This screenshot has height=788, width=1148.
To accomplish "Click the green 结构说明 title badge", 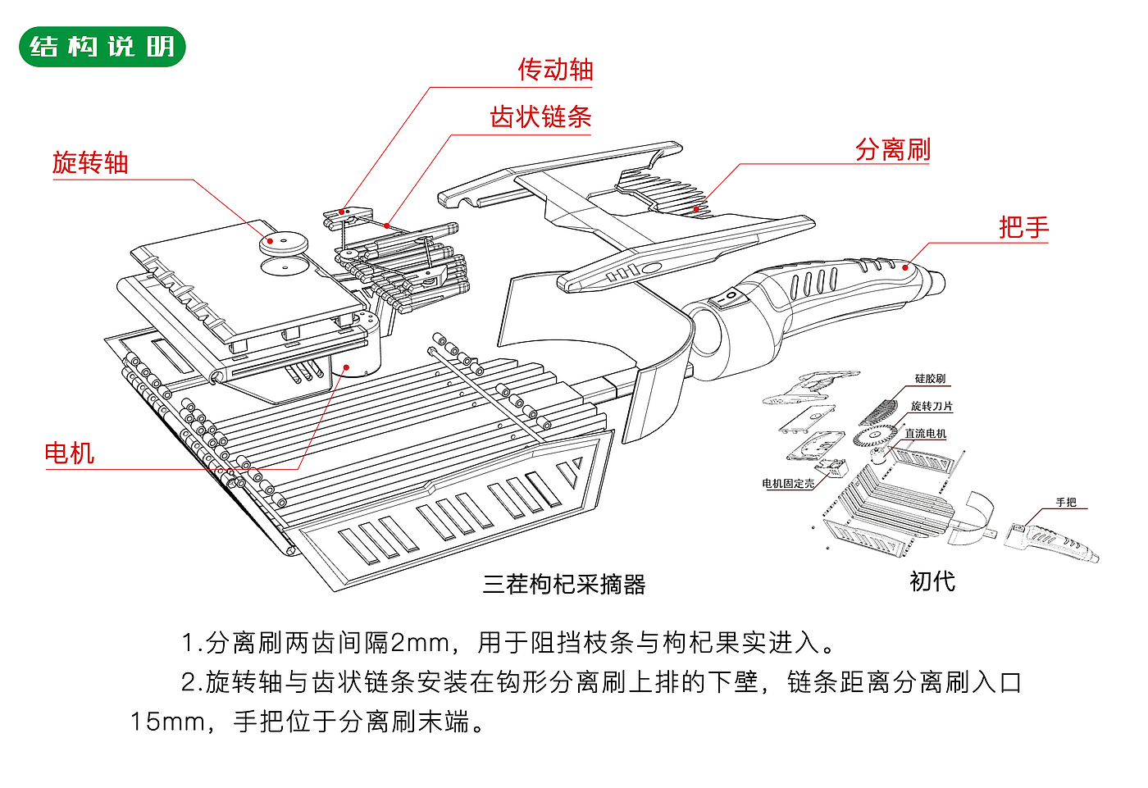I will [102, 47].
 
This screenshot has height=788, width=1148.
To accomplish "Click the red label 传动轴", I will [555, 70].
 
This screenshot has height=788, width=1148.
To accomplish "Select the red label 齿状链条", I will [540, 117].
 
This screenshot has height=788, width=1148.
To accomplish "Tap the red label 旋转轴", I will [90, 162].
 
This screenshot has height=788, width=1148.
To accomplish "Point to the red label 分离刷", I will [893, 149].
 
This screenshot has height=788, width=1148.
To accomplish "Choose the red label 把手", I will [1023, 227].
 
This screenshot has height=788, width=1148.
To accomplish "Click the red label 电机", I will [70, 453].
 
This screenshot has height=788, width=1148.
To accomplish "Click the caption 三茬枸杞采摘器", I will [564, 584].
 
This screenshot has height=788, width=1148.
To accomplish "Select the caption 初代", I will [932, 581].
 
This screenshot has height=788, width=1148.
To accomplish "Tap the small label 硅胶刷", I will [930, 379].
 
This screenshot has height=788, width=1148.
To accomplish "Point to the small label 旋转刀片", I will [932, 406].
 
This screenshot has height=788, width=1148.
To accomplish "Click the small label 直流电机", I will [925, 434].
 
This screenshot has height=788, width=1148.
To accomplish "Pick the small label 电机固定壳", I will [788, 484].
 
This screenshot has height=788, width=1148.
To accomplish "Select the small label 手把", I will [1066, 503].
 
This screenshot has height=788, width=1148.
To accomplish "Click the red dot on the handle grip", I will [905, 266].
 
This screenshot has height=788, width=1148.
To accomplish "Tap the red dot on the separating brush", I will [696, 208].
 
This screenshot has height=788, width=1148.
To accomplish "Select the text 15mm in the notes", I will [167, 722].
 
